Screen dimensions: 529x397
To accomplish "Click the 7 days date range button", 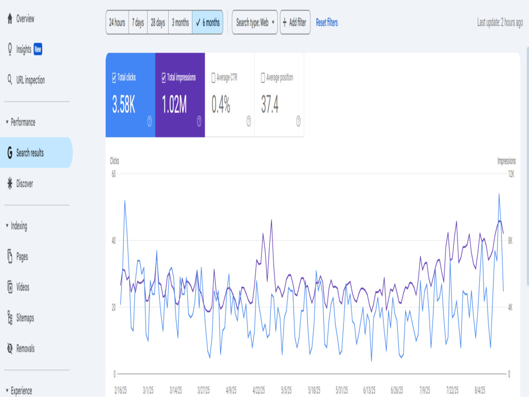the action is point(138,23).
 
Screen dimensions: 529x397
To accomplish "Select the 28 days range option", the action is point(158,23).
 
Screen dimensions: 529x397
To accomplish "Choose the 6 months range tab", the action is point(207,23).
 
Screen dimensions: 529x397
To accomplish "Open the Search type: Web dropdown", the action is point(255,23).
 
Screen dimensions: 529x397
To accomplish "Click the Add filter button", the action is point(295,23).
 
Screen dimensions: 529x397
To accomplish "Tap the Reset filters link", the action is point(326,23).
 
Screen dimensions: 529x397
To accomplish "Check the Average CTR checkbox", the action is point(213,78).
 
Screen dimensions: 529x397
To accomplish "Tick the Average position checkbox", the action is point(263,78).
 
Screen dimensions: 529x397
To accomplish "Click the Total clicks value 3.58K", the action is point(123,104).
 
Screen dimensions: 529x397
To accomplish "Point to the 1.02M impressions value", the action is point(174,104).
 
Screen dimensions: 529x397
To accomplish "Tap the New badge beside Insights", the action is point(38,49).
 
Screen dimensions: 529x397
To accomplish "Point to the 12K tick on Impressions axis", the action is point(511,174).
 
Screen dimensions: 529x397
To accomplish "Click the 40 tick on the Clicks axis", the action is point(114,241).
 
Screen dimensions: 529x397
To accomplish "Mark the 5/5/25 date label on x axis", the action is point(286,391).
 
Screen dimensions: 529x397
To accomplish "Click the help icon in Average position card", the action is point(298,121).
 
